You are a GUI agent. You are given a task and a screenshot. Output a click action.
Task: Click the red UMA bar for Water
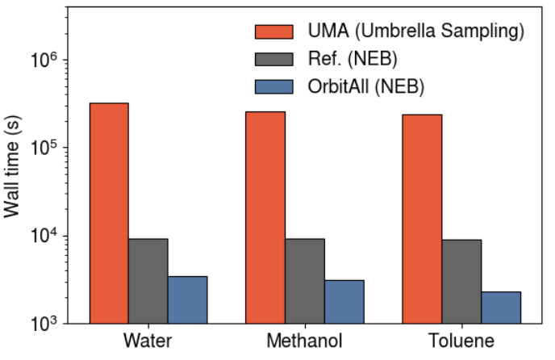[x=109, y=213]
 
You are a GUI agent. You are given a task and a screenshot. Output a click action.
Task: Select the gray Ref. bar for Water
[x=148, y=281]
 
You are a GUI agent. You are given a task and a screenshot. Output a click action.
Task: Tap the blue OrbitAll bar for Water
[x=188, y=299]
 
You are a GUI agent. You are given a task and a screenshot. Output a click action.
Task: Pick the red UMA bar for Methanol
[x=265, y=218]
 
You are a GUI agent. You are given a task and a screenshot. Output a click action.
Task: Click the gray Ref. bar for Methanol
[x=305, y=281]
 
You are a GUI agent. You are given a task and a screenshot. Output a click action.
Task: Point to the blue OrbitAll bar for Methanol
[x=344, y=302]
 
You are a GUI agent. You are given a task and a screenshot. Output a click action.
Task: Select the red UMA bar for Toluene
[x=422, y=219]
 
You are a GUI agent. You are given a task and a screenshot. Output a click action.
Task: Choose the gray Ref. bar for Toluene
[x=461, y=282]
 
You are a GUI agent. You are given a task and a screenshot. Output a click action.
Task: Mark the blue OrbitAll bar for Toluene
[x=501, y=308]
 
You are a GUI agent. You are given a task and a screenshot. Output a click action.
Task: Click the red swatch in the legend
[x=274, y=31]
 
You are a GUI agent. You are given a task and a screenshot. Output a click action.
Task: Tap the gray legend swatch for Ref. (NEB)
[x=274, y=59]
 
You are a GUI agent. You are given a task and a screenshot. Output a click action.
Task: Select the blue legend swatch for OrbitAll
[x=274, y=87]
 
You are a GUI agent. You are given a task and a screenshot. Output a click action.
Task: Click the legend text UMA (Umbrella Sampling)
[x=416, y=31]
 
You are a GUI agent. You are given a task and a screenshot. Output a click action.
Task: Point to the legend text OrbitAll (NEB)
[x=366, y=86]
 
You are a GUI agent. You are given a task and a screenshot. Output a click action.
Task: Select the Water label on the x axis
[x=148, y=341]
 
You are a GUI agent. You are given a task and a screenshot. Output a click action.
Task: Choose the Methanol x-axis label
[x=304, y=341]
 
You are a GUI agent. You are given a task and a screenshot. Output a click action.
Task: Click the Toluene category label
[x=461, y=341]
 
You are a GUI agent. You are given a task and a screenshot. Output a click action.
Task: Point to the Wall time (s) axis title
[x=13, y=166]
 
